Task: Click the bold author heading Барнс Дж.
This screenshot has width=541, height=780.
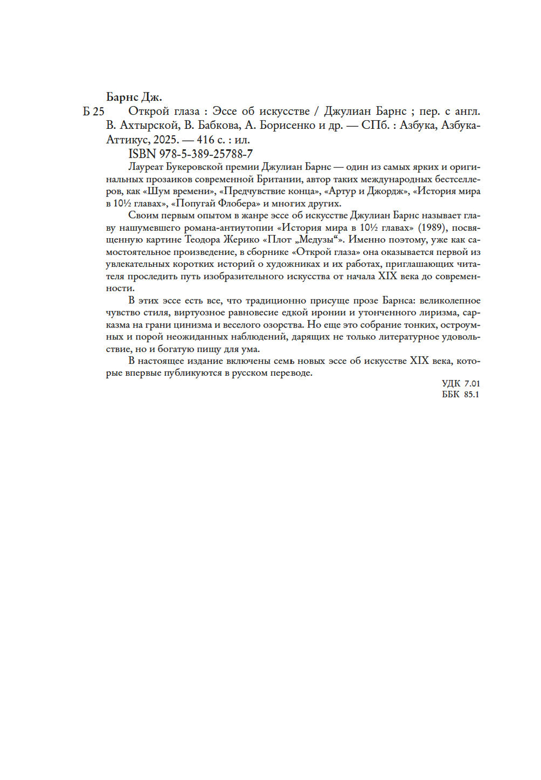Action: coord(134,97)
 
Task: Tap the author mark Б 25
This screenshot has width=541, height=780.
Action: coord(94,112)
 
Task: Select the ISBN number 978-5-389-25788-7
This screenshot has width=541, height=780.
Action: coord(206,154)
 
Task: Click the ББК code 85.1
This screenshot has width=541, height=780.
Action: coord(471,395)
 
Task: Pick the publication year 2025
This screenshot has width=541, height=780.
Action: coord(166,140)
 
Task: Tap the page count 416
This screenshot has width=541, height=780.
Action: coord(206,140)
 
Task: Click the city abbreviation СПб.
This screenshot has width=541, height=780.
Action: coord(374,126)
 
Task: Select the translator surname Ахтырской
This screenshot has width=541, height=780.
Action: coord(149,126)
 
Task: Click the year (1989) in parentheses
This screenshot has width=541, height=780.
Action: coord(431,228)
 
